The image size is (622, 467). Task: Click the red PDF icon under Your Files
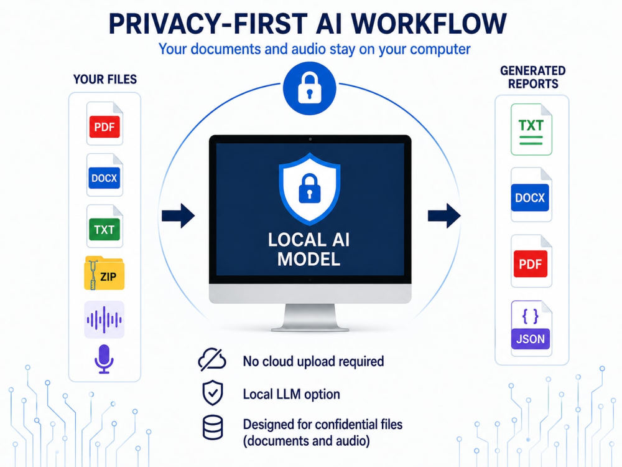click(104, 124)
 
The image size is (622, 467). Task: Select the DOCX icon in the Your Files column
click(104, 175)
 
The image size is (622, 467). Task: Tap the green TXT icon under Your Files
click(104, 227)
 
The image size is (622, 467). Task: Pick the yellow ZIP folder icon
click(104, 273)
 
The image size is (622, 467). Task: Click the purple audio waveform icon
click(104, 319)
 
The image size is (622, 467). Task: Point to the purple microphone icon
click(104, 359)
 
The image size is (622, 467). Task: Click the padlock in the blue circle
click(309, 88)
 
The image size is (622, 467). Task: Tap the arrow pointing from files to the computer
click(178, 216)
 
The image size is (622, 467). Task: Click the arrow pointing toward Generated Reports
click(444, 216)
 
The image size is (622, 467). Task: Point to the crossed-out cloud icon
click(212, 359)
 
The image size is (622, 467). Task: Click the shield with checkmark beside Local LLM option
click(213, 393)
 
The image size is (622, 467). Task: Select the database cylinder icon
click(213, 428)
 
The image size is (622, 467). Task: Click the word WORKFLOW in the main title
click(429, 24)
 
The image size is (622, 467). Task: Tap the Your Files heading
click(105, 80)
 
